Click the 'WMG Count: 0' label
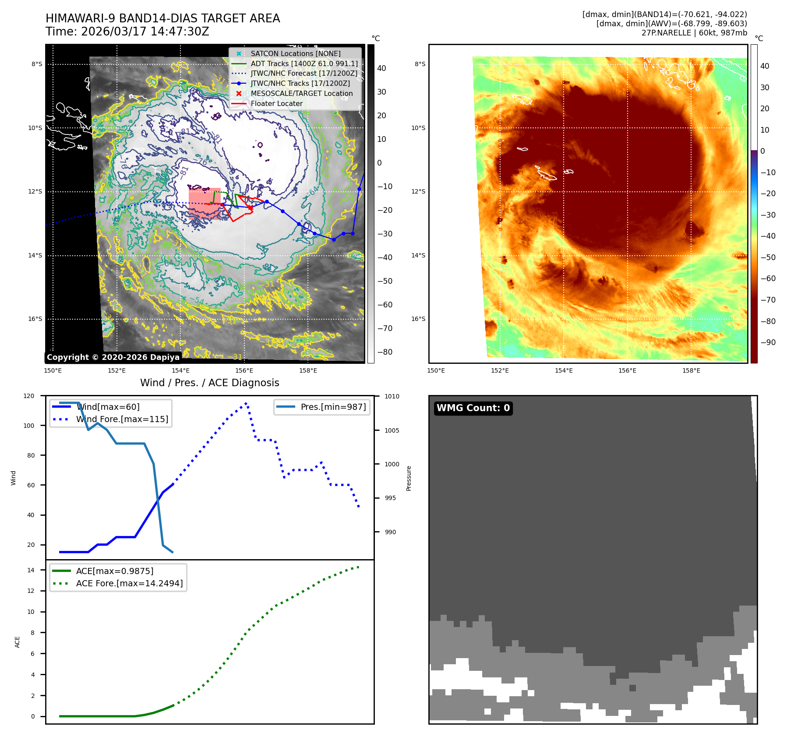473,408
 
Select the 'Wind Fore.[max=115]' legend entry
122,419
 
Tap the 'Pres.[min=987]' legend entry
333,407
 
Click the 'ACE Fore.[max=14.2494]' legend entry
129,583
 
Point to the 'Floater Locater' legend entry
276,104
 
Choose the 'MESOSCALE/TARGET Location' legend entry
301,94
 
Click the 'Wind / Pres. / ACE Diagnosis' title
209,383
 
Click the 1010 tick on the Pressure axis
392,397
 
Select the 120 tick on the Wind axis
29,396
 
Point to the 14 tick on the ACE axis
31,570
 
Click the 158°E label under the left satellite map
308,371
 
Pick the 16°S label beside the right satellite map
418,319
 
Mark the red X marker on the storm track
250,207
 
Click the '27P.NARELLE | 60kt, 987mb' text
694,33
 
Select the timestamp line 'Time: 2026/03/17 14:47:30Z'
127,32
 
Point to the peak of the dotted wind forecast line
246,403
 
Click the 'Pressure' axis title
409,478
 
